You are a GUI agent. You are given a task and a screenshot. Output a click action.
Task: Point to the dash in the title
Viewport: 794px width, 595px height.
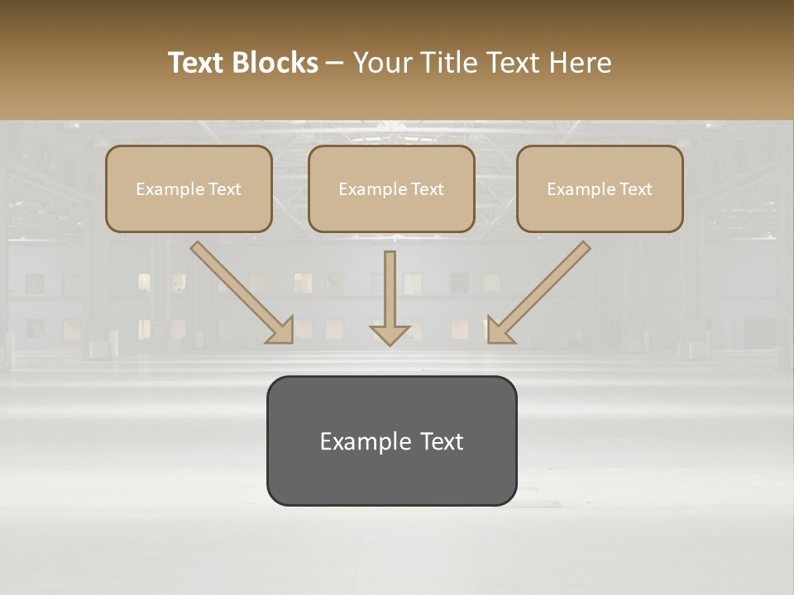click(335, 64)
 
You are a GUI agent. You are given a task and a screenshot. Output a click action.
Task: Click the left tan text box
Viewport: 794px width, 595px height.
click(189, 188)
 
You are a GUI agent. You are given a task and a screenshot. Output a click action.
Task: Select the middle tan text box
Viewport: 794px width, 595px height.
click(391, 188)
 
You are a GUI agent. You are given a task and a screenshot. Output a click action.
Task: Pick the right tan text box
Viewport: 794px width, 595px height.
click(600, 188)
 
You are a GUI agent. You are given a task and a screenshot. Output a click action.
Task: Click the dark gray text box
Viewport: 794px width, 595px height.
click(391, 440)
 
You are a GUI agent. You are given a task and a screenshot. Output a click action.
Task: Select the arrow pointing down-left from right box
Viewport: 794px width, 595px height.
click(543, 289)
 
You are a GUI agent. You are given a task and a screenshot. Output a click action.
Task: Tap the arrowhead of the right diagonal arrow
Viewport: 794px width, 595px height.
click(499, 330)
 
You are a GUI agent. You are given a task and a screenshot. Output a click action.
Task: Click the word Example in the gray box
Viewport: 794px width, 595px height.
click(366, 441)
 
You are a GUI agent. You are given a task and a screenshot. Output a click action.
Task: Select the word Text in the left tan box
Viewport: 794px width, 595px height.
click(224, 189)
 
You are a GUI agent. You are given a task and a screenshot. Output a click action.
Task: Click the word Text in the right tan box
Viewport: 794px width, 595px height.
click(635, 189)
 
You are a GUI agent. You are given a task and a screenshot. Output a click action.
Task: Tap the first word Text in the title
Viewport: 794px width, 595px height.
click(199, 63)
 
